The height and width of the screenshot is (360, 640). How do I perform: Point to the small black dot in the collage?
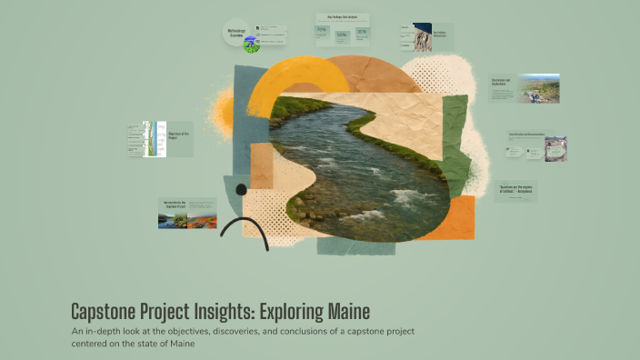241,190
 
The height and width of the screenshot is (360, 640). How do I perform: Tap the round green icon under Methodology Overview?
251,45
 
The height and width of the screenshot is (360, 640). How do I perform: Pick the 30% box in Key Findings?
362,33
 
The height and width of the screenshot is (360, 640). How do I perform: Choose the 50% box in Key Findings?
342,36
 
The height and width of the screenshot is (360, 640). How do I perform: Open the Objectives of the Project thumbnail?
160,138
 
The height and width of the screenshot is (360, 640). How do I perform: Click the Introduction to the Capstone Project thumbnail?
187,213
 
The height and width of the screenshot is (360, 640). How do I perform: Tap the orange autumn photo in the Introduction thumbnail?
201,220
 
